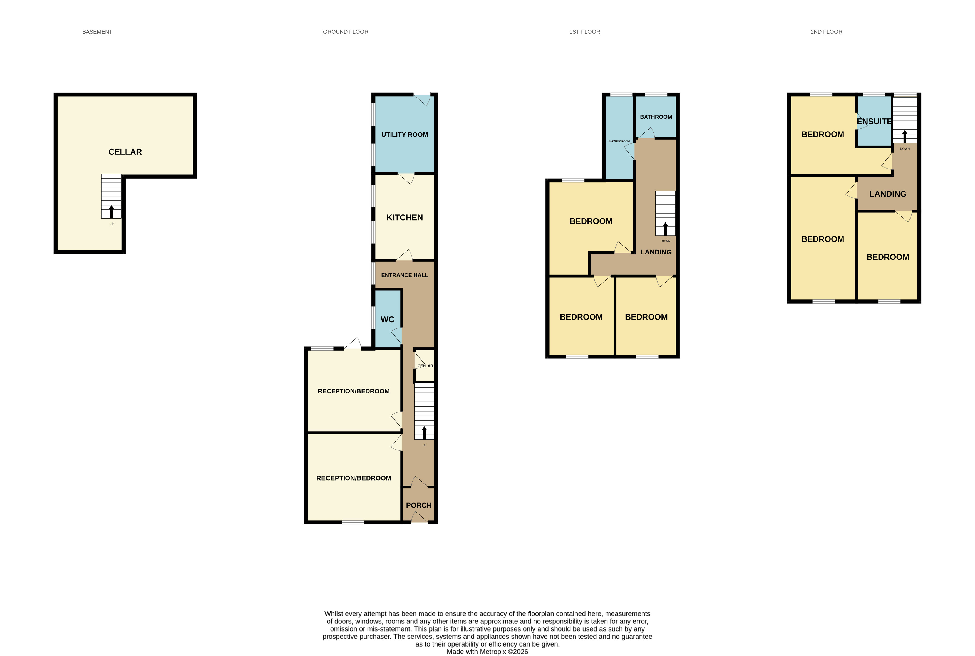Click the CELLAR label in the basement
[x=125, y=152]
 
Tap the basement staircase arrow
[x=111, y=211]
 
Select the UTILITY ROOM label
[x=405, y=135]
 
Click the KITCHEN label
[x=405, y=217]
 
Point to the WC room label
[x=387, y=320]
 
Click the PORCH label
[x=419, y=505]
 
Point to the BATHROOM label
[x=656, y=117]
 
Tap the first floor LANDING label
[x=656, y=252]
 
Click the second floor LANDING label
[x=888, y=194]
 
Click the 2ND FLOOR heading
[x=826, y=32]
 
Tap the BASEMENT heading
[x=97, y=32]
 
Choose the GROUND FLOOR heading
[x=346, y=32]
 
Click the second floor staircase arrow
[x=905, y=136]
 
